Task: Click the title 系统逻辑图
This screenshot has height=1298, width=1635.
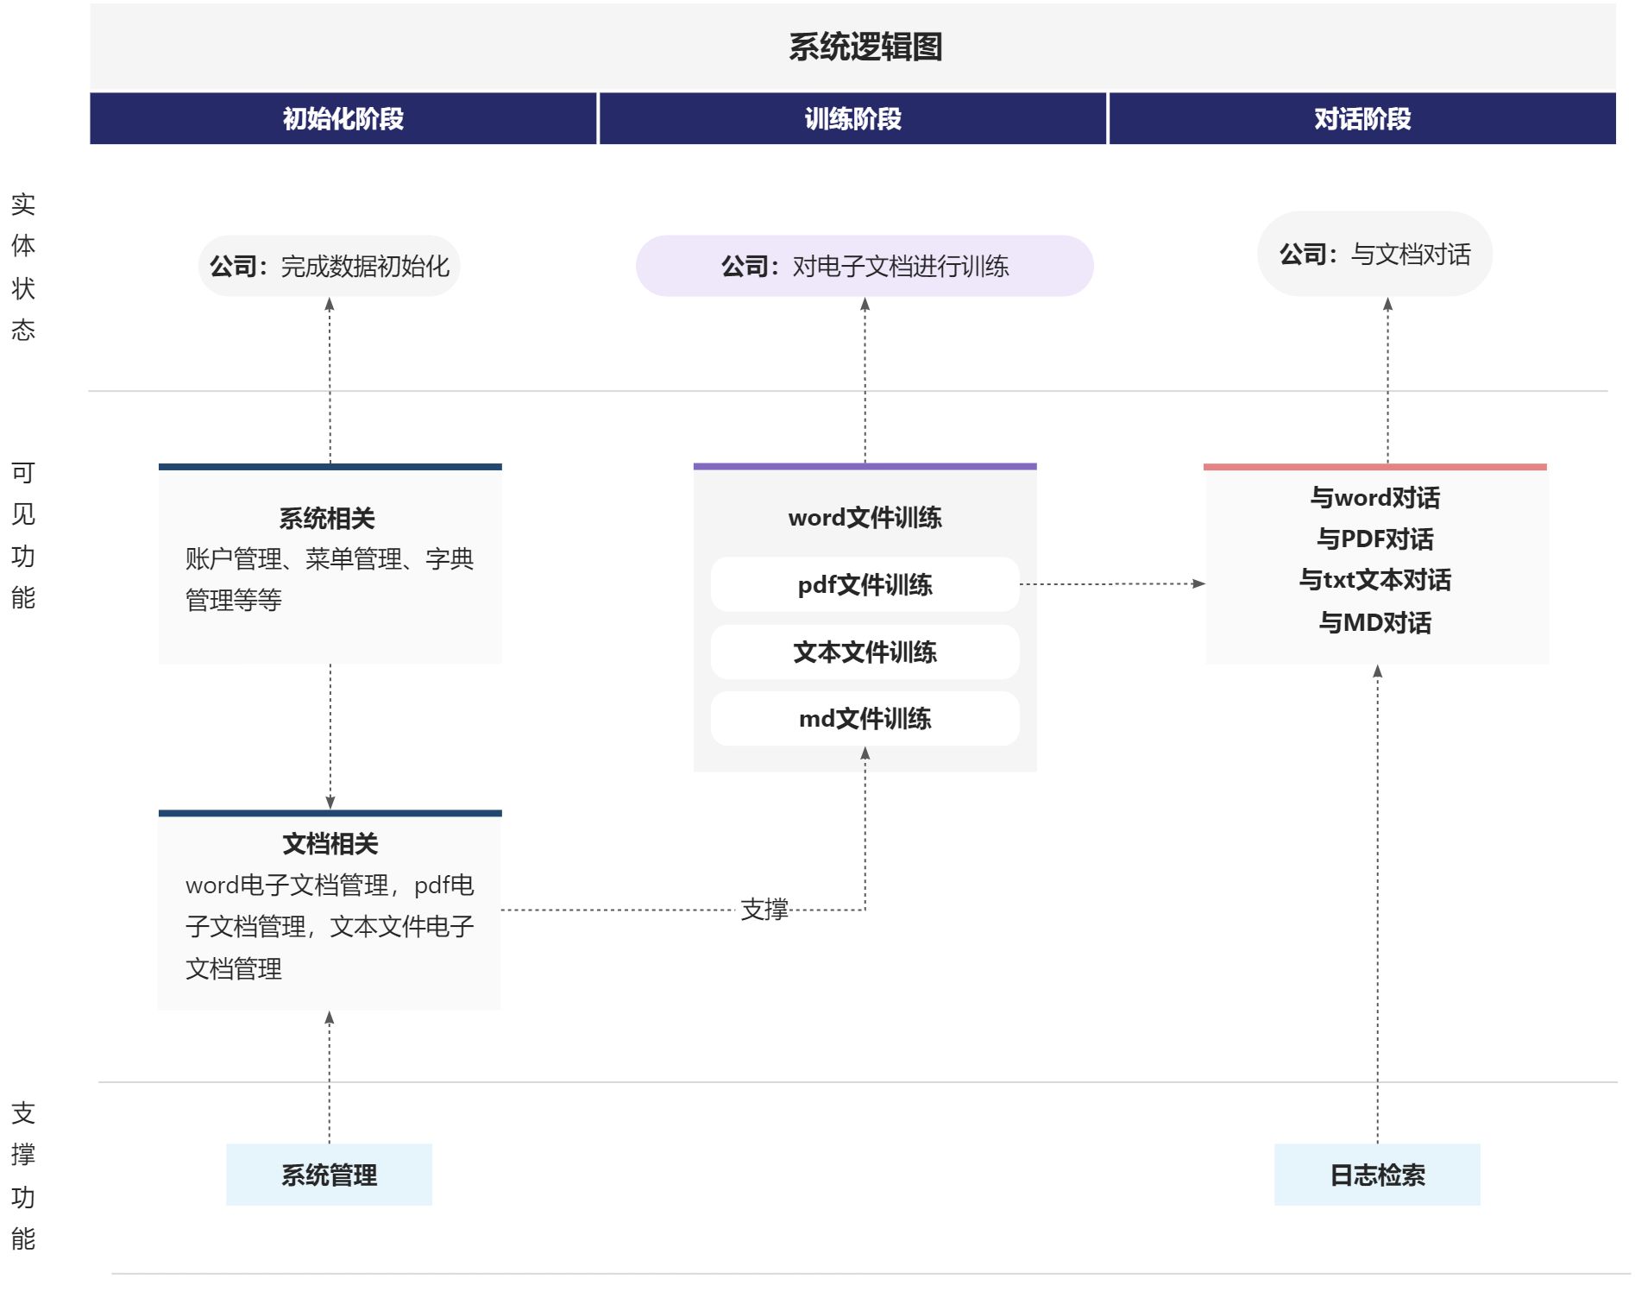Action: (x=865, y=47)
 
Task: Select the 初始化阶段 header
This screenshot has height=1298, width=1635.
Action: (x=343, y=118)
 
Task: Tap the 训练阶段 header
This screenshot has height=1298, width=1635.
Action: (x=852, y=118)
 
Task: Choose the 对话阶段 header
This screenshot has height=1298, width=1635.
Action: (x=1362, y=118)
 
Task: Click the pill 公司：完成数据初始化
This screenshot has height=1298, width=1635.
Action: (x=329, y=266)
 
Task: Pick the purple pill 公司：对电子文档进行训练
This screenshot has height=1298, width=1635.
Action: (x=865, y=266)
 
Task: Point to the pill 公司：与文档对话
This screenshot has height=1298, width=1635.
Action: (x=1374, y=254)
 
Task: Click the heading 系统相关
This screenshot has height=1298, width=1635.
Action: (x=327, y=519)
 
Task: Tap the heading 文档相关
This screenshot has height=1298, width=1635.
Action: (x=330, y=843)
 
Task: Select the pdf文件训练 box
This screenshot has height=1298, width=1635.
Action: (x=865, y=584)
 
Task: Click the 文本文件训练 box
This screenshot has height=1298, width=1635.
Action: (x=865, y=652)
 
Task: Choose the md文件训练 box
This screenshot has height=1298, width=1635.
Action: (x=865, y=718)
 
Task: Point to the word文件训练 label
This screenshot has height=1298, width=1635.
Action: (x=865, y=518)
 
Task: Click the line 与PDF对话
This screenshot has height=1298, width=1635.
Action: (x=1375, y=539)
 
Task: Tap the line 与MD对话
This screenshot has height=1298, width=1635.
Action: (x=1375, y=622)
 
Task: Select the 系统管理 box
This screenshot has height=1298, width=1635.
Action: (x=329, y=1175)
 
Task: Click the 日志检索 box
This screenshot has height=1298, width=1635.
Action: (x=1377, y=1175)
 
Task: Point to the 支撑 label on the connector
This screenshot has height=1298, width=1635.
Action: (x=764, y=910)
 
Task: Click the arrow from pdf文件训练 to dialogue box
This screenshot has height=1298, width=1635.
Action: (x=1112, y=584)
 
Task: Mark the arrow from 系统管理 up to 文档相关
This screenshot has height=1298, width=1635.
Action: (x=329, y=1078)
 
